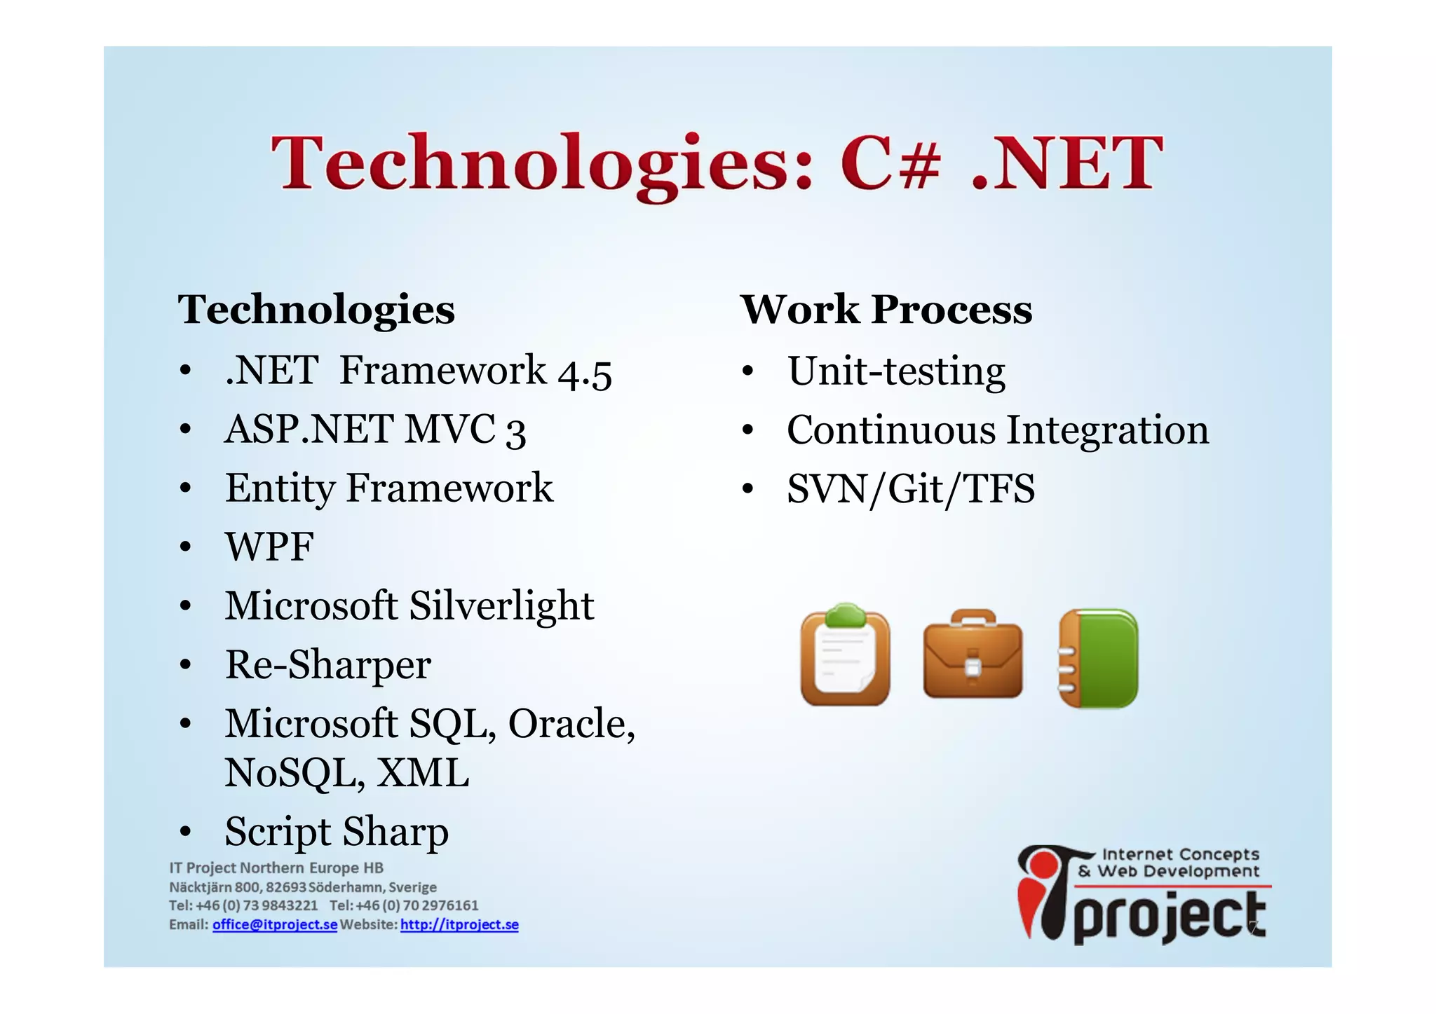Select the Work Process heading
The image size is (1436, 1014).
(x=886, y=310)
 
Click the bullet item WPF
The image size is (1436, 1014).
(x=269, y=547)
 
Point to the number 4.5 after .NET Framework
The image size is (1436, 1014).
(x=585, y=373)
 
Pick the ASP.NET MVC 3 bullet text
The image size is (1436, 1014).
(x=374, y=430)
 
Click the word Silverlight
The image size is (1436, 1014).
(x=501, y=606)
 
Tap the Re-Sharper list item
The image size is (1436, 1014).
(x=327, y=665)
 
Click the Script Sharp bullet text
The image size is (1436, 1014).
(x=337, y=832)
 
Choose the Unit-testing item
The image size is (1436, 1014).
(x=895, y=371)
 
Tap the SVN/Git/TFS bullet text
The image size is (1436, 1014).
(x=910, y=489)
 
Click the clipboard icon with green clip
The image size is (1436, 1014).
(x=845, y=656)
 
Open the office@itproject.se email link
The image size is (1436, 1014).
(x=275, y=924)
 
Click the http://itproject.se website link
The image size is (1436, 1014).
(x=459, y=924)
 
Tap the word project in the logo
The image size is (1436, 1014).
(x=1169, y=918)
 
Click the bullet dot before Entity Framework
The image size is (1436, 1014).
(x=184, y=488)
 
